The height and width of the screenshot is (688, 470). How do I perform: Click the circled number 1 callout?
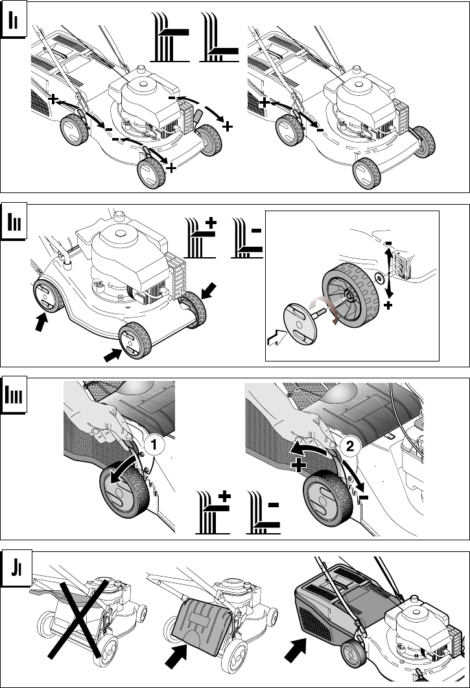[154, 444]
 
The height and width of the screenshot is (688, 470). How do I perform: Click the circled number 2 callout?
[350, 446]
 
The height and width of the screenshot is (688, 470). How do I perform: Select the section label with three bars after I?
[14, 395]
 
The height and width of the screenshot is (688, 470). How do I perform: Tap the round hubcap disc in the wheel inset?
[300, 325]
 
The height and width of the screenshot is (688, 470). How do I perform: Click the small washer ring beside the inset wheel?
[379, 278]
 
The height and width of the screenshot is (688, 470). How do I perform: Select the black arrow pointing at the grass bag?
[295, 650]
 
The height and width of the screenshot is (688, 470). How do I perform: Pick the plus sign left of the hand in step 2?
[299, 465]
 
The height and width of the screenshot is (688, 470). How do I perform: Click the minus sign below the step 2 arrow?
[363, 498]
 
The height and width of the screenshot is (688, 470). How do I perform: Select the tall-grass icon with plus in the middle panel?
[201, 237]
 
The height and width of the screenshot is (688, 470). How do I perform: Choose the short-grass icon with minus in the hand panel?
[263, 512]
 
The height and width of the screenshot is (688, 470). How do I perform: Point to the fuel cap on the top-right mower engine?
[356, 70]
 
